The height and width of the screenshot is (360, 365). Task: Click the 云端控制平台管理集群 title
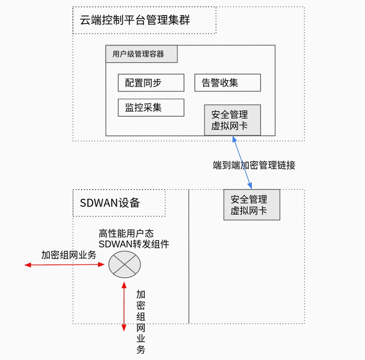tap(135, 20)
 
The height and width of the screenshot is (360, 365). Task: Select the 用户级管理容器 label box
tap(141, 54)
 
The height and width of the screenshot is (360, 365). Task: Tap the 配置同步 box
tap(151, 83)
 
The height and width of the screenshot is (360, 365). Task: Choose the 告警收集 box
tap(228, 83)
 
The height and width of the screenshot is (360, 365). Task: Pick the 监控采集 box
tap(151, 108)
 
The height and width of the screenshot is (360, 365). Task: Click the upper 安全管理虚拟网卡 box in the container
tap(233, 120)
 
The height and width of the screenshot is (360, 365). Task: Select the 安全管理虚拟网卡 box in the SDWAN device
tap(252, 205)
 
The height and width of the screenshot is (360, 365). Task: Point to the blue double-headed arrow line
tap(242, 163)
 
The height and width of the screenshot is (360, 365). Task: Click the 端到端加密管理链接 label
tap(254, 165)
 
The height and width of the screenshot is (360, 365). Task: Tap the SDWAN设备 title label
tap(109, 203)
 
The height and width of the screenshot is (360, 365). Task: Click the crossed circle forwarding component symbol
tap(125, 264)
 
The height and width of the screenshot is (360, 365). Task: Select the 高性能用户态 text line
tap(126, 233)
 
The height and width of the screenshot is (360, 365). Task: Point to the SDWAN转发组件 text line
tap(134, 244)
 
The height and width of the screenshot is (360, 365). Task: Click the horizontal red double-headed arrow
tap(64, 265)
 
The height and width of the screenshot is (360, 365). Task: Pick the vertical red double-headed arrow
tap(124, 307)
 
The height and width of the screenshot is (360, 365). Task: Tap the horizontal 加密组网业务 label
tap(69, 255)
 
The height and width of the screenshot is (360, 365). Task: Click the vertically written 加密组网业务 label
tap(141, 322)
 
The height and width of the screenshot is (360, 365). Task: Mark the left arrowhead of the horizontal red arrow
tap(27, 265)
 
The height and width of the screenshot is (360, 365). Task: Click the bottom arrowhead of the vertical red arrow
tap(124, 328)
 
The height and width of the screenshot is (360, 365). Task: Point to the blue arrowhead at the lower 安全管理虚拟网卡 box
tap(250, 185)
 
